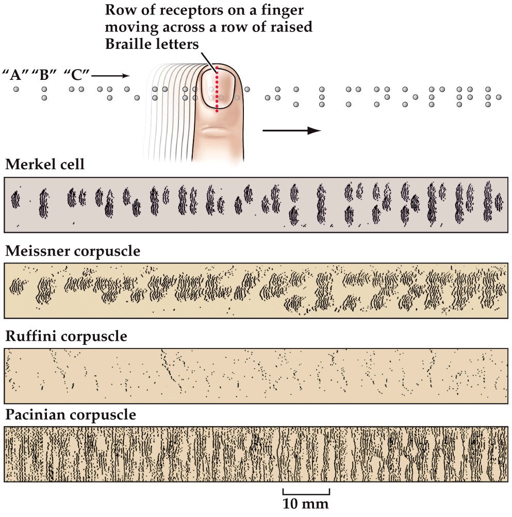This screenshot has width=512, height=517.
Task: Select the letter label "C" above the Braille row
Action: pyautogui.click(x=76, y=75)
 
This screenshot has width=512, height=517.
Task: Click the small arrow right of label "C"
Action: pyautogui.click(x=110, y=76)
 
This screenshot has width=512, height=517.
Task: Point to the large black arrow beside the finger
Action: pyautogui.click(x=291, y=131)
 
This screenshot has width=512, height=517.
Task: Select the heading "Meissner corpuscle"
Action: pyautogui.click(x=73, y=252)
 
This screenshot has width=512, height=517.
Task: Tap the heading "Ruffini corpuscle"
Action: pyautogui.click(x=65, y=337)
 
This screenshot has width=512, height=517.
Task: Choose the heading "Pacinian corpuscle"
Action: pyautogui.click(x=70, y=415)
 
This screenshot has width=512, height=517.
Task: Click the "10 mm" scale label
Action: pyautogui.click(x=306, y=503)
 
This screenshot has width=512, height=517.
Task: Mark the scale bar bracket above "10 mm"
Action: pyautogui.click(x=306, y=490)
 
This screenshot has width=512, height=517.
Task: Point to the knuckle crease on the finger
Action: pyautogui.click(x=217, y=131)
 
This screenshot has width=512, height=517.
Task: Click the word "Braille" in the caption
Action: pyautogui.click(x=128, y=44)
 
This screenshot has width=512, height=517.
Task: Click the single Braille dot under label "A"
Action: pyautogui.click(x=16, y=89)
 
